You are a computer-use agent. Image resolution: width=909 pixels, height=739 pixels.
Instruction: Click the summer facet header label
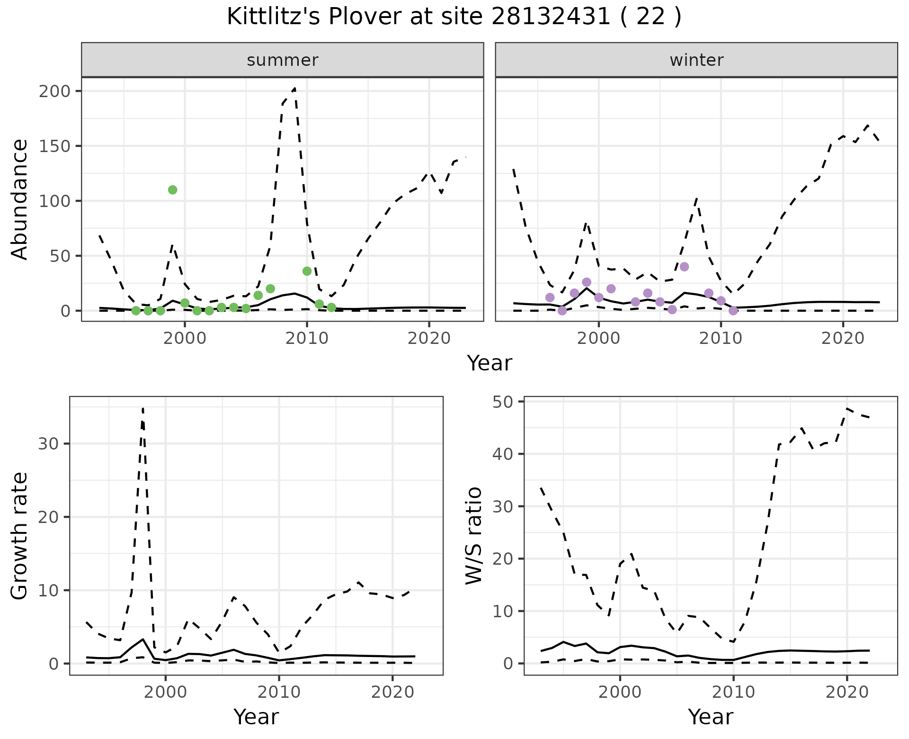coord(283,60)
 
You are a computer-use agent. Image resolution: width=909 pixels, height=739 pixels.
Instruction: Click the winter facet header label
coord(696,60)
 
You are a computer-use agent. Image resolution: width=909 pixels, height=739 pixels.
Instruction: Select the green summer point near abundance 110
coord(172,190)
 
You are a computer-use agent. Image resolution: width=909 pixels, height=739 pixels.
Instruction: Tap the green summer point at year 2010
coord(307,271)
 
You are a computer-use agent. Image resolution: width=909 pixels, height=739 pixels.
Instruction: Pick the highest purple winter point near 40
coord(684,267)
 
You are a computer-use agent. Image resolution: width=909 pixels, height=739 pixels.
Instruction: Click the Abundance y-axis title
coord(20,199)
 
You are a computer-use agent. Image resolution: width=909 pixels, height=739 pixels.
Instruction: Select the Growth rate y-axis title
coord(20,536)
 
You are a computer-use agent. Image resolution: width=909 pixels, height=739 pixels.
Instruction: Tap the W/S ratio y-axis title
coord(474,536)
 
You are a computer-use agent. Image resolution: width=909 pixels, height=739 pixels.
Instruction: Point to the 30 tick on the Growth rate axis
coord(49,444)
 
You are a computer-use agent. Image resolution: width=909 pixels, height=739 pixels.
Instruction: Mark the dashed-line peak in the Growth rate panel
coord(143,408)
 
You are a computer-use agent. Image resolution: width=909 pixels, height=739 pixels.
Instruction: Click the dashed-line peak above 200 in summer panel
coord(294,88)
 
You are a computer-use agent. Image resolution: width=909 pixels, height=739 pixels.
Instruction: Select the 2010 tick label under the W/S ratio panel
coord(733,692)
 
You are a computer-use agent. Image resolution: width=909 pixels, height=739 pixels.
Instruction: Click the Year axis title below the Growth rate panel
coord(256,717)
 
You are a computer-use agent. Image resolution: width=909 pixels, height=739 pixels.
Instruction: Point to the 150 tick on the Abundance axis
coord(54,146)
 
